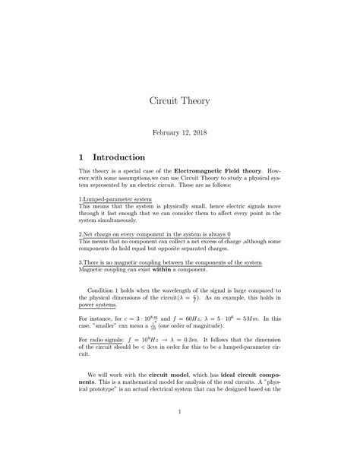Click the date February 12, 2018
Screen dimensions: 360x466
pyautogui.click(x=179, y=132)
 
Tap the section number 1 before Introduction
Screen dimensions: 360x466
pyautogui.click(x=82, y=157)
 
